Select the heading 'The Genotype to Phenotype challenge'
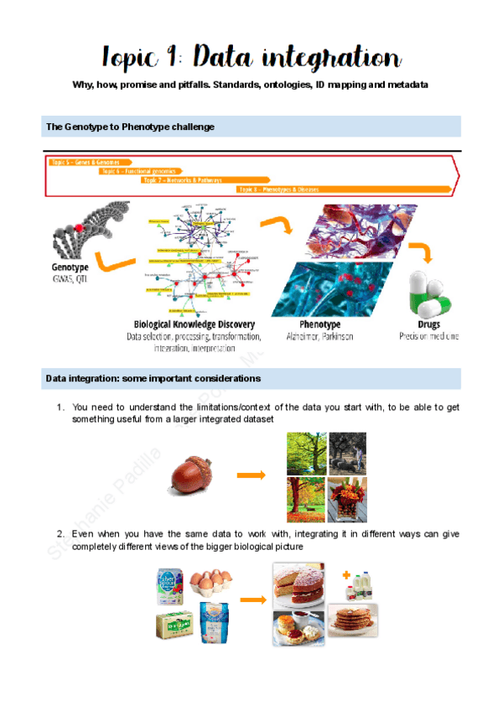130,127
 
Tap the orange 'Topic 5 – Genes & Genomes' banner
85,162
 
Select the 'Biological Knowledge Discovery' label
194,324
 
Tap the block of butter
176,625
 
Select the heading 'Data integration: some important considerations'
153,379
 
